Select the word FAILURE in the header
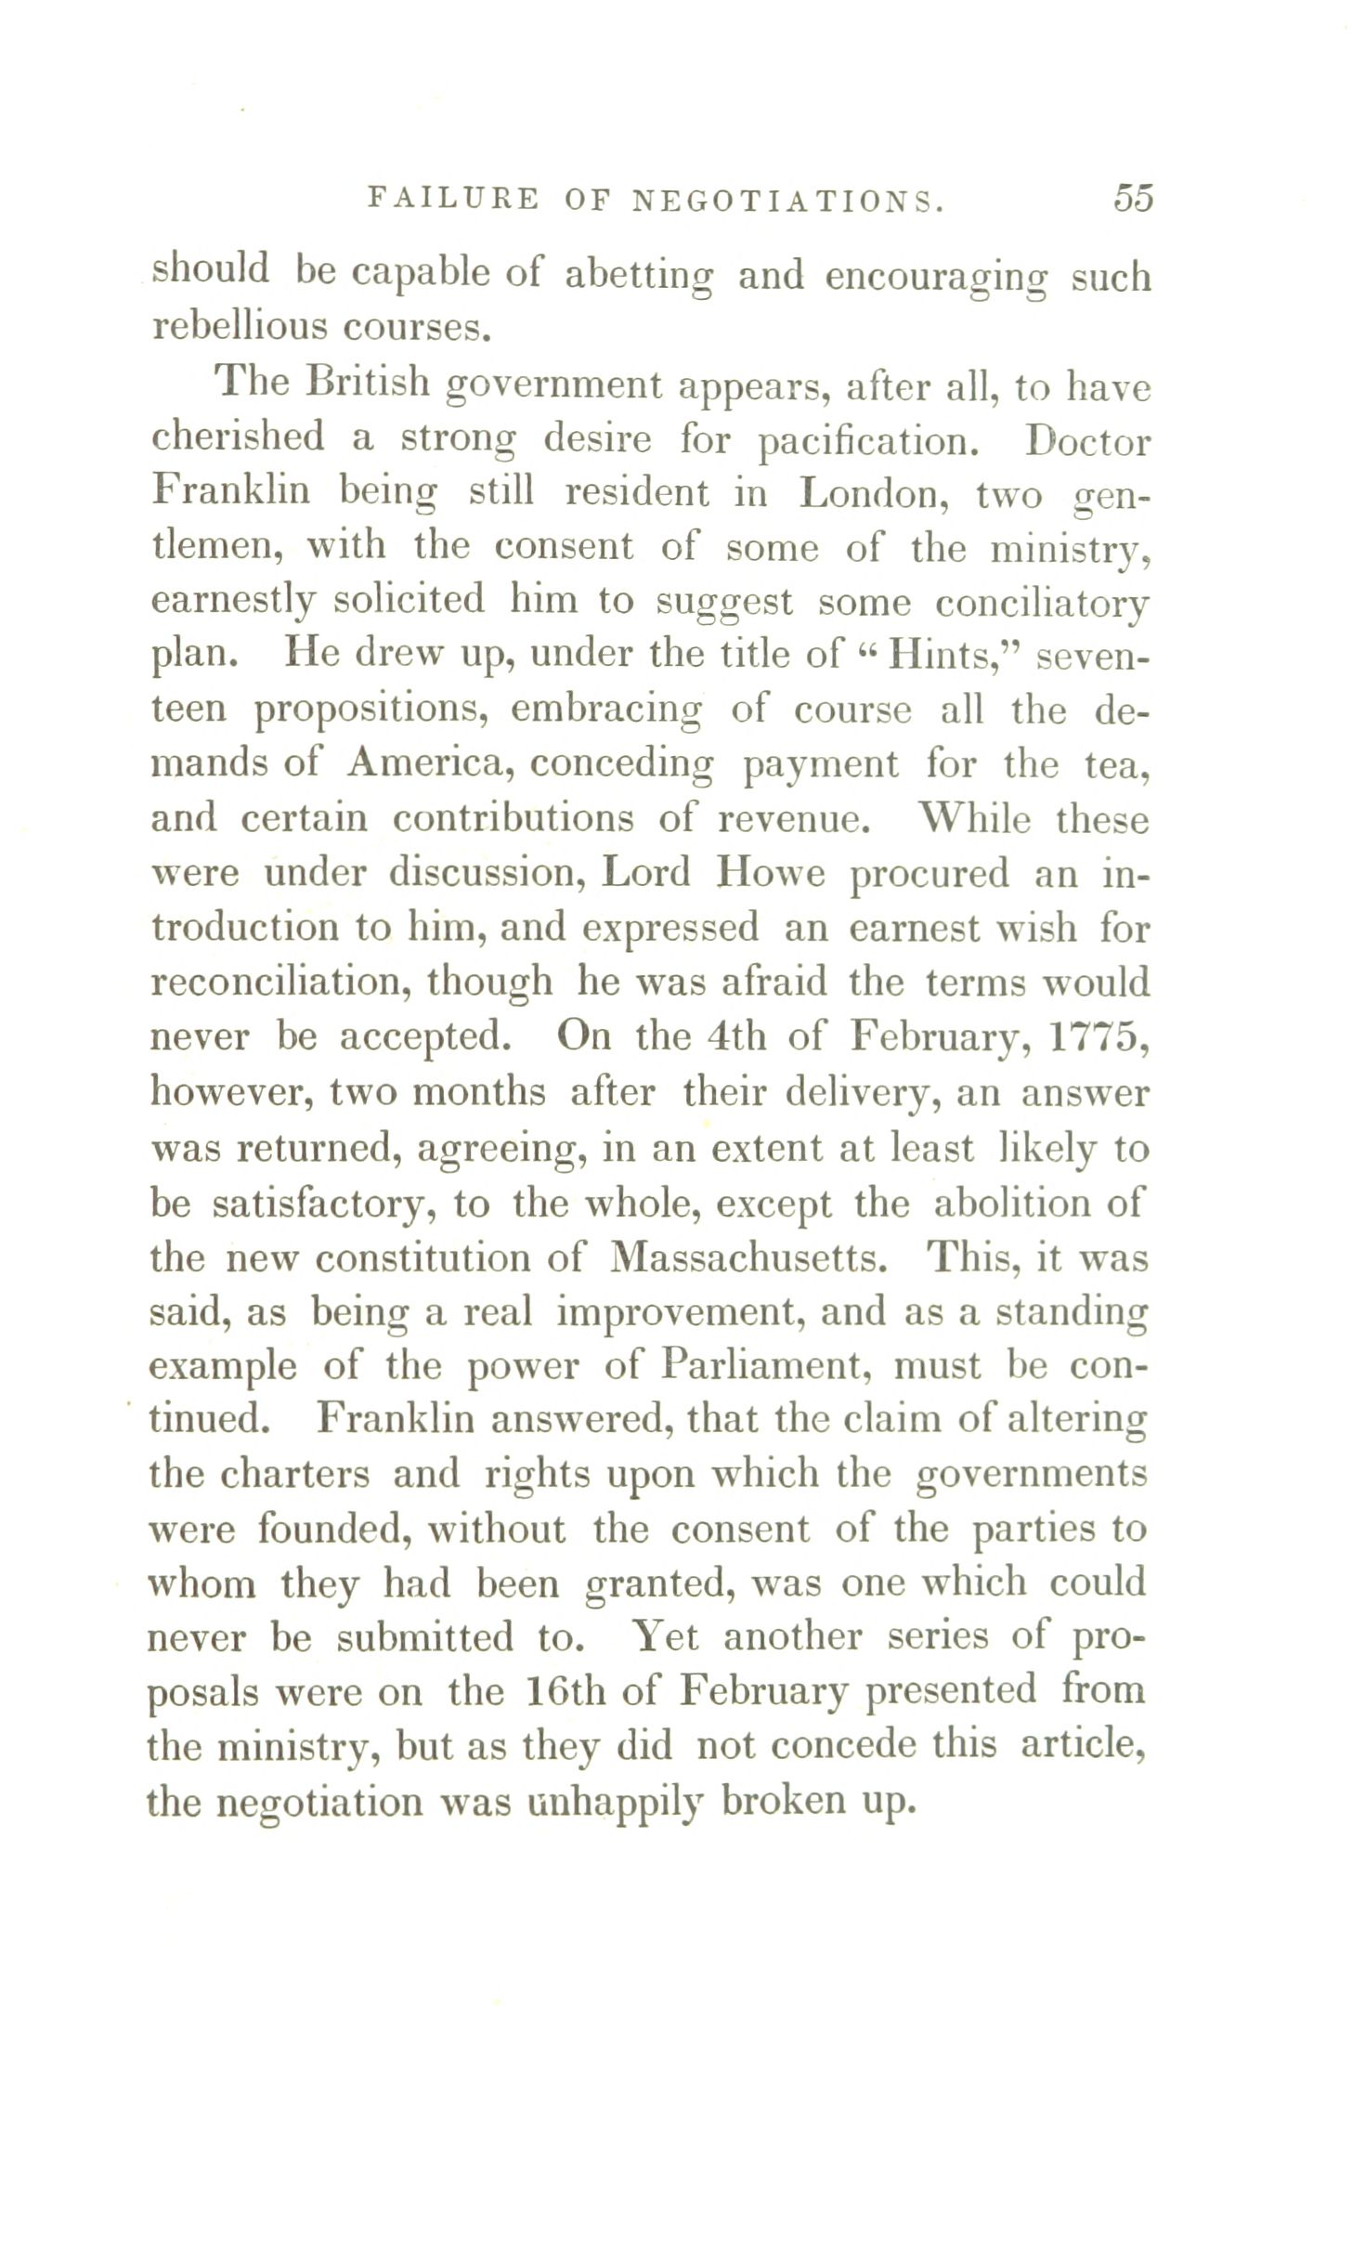click(453, 199)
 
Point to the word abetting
click(640, 276)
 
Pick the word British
click(368, 384)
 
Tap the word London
click(874, 493)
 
